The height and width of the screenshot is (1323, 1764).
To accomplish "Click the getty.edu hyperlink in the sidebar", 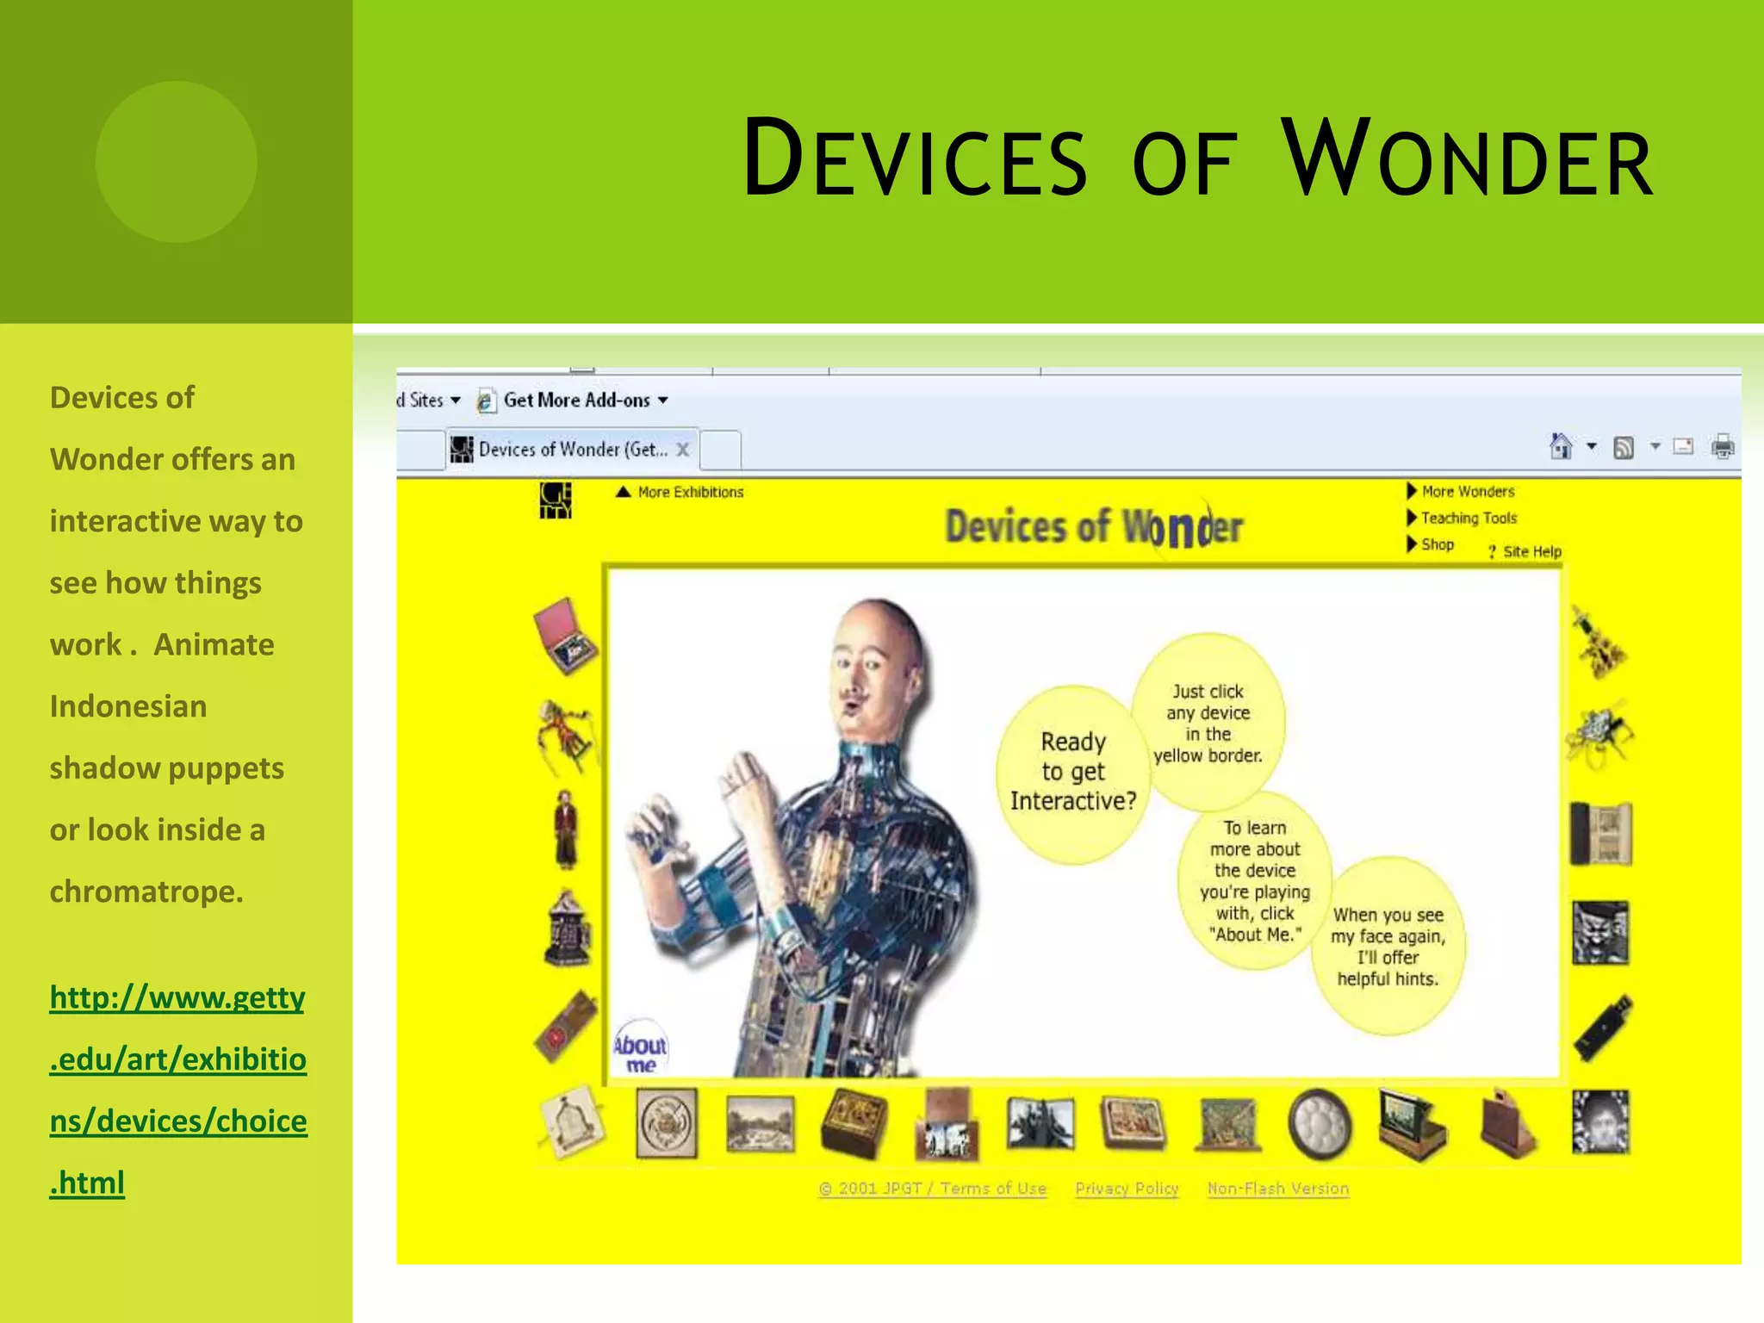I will pos(177,1090).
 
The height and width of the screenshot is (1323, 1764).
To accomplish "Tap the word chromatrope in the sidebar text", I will pos(146,891).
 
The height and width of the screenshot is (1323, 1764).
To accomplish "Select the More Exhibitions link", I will pos(689,492).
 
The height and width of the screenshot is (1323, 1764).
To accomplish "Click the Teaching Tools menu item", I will pos(1468,518).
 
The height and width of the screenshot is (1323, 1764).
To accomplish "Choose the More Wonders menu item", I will pos(1467,491).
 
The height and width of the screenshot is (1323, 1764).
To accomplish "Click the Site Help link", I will pos(1531,551).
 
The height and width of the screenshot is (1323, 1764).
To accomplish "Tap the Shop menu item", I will pos(1437,544).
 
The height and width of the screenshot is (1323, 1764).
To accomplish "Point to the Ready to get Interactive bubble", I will pos(1072,773).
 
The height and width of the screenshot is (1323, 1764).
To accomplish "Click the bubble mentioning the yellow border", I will pos(1208,722).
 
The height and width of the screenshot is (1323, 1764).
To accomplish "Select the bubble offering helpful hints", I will pos(1387,946).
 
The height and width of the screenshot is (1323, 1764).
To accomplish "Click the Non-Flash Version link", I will pos(1277,1189).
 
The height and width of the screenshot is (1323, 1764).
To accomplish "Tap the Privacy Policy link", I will pos(1127,1189).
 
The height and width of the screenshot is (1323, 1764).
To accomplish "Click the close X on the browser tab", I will pos(682,449).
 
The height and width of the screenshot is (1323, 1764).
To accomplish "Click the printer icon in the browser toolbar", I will pos(1723,446).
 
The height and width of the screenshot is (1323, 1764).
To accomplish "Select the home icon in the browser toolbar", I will pos(1561,446).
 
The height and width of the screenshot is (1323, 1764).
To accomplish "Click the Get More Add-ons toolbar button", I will pos(575,401).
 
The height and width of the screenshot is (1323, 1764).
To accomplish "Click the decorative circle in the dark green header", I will pos(176,161).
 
